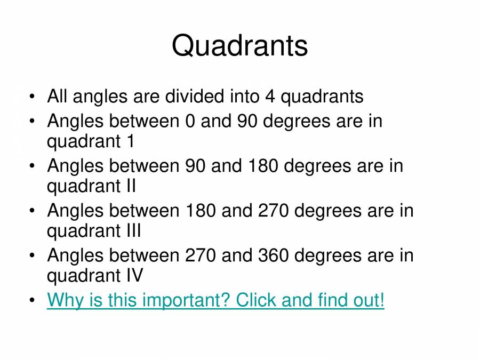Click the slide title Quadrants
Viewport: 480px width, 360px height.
click(x=239, y=45)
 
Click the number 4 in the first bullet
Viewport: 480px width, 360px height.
click(x=269, y=97)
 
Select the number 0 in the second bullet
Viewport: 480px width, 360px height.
click(x=190, y=121)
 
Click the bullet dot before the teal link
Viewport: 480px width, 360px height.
click(x=34, y=301)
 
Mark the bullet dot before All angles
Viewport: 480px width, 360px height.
click(x=34, y=97)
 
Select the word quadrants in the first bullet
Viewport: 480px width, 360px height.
click(x=322, y=97)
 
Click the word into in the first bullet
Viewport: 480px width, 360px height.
click(x=244, y=97)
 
